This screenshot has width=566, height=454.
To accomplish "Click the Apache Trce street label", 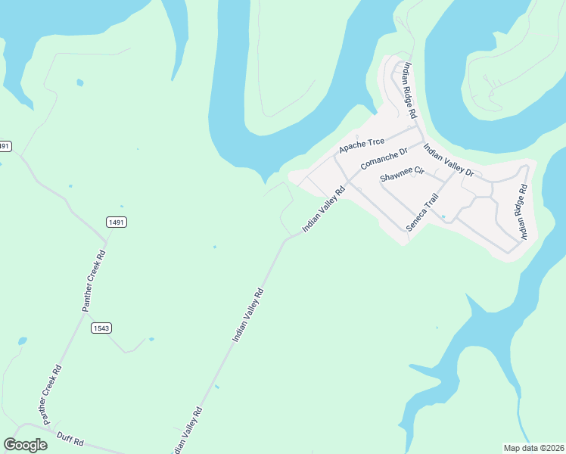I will click(x=362, y=144).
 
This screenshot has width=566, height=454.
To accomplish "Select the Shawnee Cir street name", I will click(x=403, y=176).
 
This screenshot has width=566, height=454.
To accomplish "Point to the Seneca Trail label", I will click(x=422, y=213).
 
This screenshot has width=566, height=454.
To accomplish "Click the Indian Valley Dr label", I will click(x=448, y=160).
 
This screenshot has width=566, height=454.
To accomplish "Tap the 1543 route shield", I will click(x=101, y=328).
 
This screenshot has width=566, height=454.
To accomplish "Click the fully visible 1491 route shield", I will click(x=116, y=222).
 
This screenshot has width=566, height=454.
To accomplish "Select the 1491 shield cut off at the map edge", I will click(x=5, y=145).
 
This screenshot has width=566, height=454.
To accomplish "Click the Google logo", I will click(x=25, y=444).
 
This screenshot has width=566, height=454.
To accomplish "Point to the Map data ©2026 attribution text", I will click(x=533, y=447).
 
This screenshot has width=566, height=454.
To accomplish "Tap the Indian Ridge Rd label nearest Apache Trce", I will click(x=409, y=90).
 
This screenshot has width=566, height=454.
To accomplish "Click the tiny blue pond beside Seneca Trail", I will click(x=443, y=216).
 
